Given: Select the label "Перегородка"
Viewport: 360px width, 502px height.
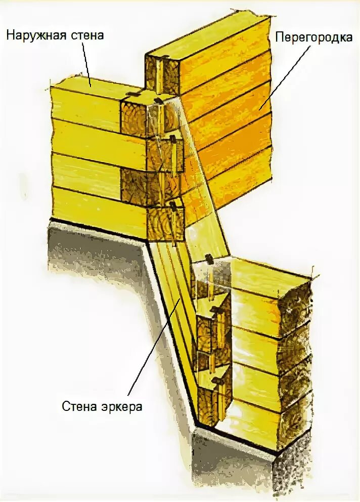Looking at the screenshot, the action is (313, 37).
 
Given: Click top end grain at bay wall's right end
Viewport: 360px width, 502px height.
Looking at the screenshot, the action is (296, 304).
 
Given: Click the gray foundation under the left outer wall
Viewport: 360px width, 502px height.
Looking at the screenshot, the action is (96, 253).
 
